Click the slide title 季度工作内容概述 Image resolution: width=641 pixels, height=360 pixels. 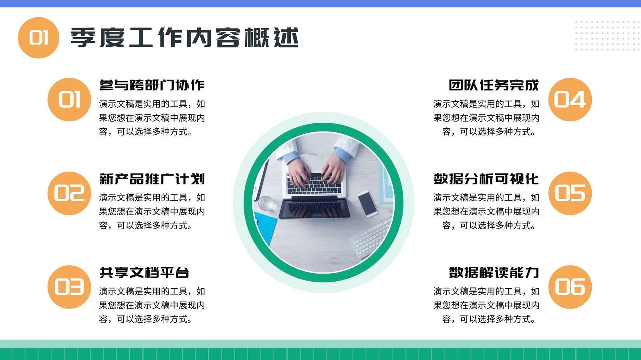[x=185, y=38]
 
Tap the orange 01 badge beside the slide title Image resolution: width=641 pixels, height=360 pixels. [x=38, y=38]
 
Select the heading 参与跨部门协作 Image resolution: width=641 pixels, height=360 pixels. [x=152, y=85]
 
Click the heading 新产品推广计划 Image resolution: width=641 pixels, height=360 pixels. [x=152, y=179]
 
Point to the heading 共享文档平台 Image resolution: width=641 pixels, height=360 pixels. [x=144, y=272]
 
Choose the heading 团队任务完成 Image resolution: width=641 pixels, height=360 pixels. [x=494, y=85]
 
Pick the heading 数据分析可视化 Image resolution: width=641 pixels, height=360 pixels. [x=486, y=179]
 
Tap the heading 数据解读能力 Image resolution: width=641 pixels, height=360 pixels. [x=494, y=272]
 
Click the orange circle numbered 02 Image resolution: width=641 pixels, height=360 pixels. [x=69, y=193]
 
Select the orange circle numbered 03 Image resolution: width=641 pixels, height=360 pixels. [x=69, y=287]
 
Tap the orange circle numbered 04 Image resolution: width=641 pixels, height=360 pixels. [x=570, y=100]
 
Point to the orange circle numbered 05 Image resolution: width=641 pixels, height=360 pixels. [x=570, y=193]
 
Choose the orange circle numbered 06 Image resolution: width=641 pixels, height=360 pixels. [x=570, y=287]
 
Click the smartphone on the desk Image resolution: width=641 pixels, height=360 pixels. [x=367, y=204]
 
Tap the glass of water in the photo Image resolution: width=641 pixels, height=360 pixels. [x=266, y=203]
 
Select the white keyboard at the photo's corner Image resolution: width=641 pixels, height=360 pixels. [x=370, y=238]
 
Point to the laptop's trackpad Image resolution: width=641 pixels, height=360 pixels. [x=314, y=162]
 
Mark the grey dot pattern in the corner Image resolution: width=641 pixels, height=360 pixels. [x=608, y=36]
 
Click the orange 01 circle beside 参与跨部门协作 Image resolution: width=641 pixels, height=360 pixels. [x=69, y=100]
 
